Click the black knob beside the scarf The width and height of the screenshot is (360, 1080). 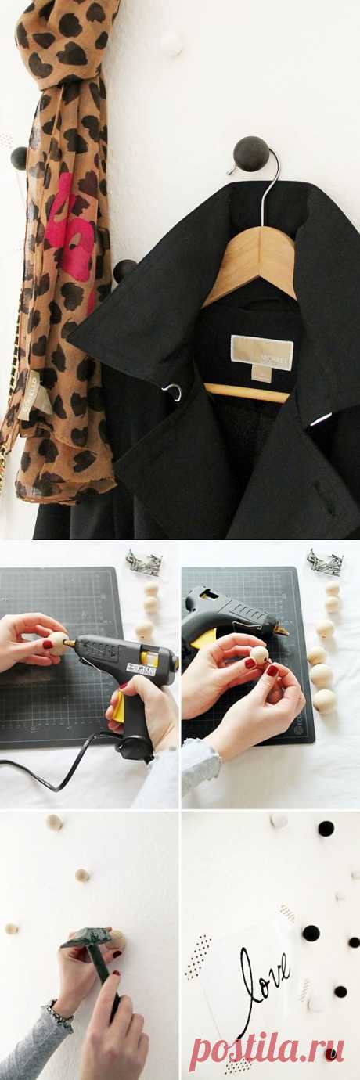pos(124,271)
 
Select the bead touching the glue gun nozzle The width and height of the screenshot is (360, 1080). pos(58,643)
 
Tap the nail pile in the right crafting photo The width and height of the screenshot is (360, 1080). pos(324,561)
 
